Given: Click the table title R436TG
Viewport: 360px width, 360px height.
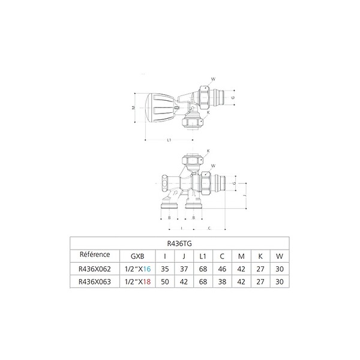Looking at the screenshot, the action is click(179, 244).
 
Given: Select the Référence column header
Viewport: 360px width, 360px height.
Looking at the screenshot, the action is click(95, 254).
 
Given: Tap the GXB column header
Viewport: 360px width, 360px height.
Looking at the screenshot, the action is click(137, 256).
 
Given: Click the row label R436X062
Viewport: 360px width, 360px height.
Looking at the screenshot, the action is click(95, 269).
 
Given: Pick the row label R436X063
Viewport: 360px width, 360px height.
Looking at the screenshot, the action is click(95, 282).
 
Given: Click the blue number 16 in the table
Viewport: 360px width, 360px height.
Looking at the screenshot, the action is click(147, 269).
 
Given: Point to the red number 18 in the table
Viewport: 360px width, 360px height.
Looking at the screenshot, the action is click(147, 282).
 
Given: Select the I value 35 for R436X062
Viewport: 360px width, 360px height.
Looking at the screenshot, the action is click(165, 269).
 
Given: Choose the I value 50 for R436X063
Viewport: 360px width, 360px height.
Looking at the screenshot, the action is click(165, 282).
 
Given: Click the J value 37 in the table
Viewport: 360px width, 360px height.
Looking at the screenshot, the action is click(184, 269).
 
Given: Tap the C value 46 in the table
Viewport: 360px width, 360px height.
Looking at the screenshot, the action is click(222, 269).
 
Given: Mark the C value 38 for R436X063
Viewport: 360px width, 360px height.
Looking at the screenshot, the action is click(222, 282).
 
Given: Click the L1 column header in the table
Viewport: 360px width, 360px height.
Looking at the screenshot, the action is click(203, 256).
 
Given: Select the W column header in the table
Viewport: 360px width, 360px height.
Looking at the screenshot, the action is click(280, 256).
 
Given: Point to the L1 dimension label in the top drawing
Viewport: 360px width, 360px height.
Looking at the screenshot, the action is click(169, 140).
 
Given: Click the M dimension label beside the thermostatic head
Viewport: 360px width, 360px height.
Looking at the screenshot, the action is click(133, 107).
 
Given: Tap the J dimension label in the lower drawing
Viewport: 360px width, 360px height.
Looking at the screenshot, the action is click(245, 196).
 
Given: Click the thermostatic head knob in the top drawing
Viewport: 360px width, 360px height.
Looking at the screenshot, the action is click(160, 108).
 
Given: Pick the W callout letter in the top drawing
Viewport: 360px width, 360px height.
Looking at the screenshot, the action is click(213, 79).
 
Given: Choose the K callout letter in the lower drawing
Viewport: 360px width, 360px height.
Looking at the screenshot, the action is click(208, 151).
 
